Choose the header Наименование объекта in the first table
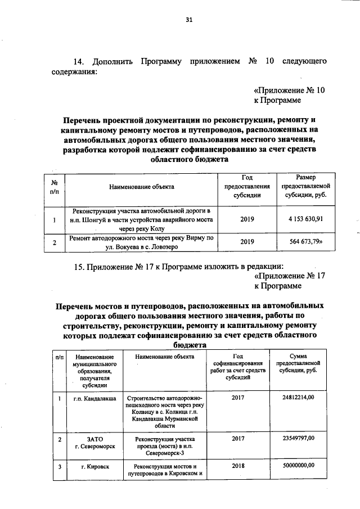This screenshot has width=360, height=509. coord(142,184)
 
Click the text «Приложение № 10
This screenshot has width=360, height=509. coord(290,90)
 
